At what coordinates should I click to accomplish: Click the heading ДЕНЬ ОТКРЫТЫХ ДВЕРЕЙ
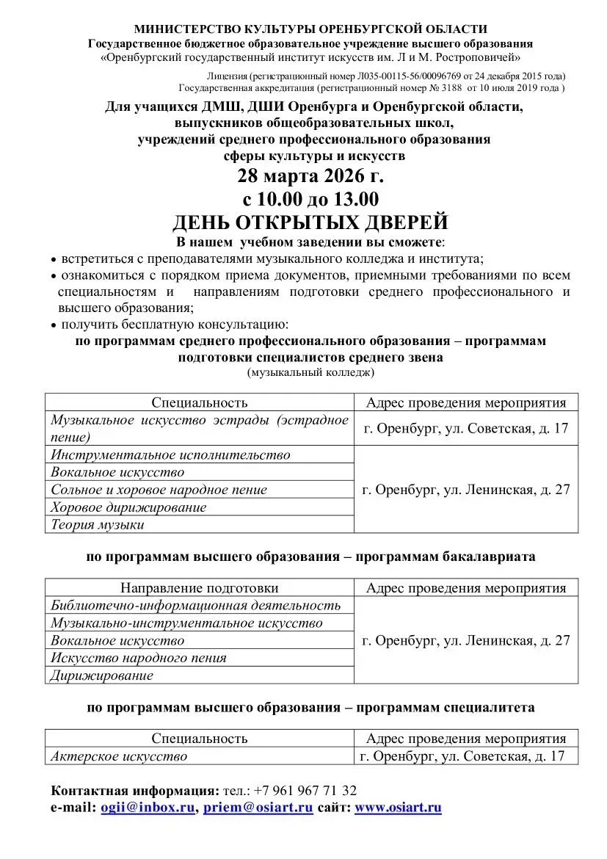[310, 222]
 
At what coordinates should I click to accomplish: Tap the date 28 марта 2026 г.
[310, 177]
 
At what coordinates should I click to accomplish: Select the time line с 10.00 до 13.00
[310, 199]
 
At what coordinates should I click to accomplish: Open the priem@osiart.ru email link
[258, 808]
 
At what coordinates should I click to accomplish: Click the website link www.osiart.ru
[399, 808]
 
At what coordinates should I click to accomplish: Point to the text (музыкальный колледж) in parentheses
[310, 373]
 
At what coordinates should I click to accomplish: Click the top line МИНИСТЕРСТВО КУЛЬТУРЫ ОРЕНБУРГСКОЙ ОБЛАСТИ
[310, 29]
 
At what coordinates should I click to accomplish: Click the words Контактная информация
[134, 791]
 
